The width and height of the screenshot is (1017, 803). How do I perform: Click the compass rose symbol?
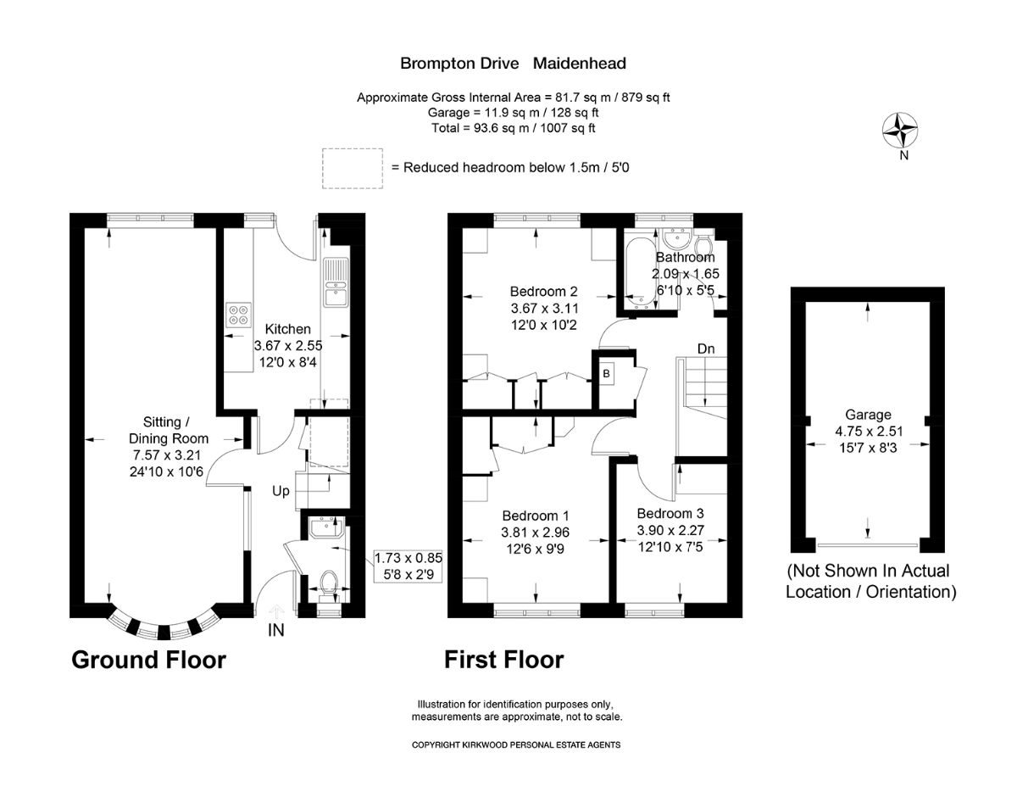[x=901, y=131]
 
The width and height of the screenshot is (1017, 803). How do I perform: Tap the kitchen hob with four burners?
[x=238, y=315]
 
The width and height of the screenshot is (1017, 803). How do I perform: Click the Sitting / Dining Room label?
[x=168, y=430]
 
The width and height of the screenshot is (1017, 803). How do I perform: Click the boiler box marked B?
[x=606, y=373]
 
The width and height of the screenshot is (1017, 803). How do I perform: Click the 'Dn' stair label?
[x=706, y=349]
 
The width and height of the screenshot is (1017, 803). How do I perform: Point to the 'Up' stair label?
[x=282, y=491]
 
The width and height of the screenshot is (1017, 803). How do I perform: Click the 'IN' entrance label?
[x=276, y=630]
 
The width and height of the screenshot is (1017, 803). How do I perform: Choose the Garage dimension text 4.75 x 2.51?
[x=868, y=430]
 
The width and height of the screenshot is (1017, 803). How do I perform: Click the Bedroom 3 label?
[x=670, y=513]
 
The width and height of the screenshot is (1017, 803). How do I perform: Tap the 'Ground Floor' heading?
[x=148, y=660]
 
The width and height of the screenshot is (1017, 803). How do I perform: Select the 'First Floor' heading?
[x=504, y=660]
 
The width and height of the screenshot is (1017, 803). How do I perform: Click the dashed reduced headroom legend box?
[x=352, y=168]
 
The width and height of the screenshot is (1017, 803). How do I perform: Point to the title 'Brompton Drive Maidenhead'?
[x=513, y=63]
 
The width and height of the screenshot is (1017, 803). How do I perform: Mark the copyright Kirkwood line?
[x=516, y=744]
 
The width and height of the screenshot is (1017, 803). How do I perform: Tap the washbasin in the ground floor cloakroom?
[x=325, y=529]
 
